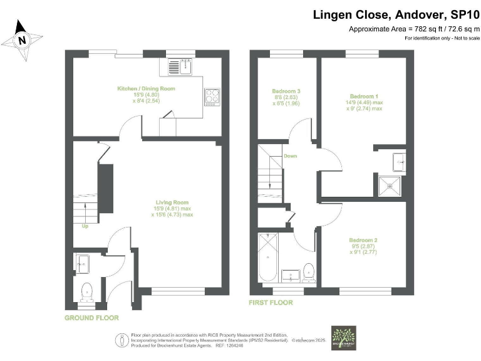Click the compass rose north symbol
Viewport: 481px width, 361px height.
[x=23, y=39]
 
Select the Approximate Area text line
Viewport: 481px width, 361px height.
[x=413, y=29]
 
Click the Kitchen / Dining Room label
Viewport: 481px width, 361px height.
[x=146, y=89]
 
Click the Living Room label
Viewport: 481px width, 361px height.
[x=172, y=202]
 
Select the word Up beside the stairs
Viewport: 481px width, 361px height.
[x=85, y=226]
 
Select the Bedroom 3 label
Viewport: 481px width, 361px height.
[x=286, y=92]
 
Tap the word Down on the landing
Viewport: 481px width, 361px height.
[x=290, y=156]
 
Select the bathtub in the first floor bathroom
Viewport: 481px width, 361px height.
[x=267, y=257]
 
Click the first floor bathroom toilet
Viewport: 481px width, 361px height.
[x=308, y=271]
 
